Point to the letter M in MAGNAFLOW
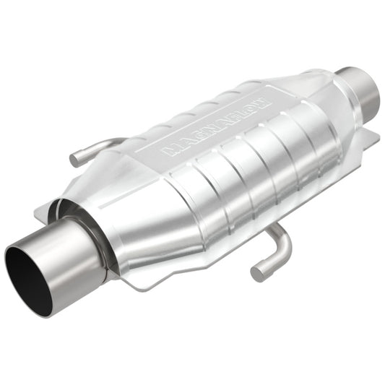coord(170,150)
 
